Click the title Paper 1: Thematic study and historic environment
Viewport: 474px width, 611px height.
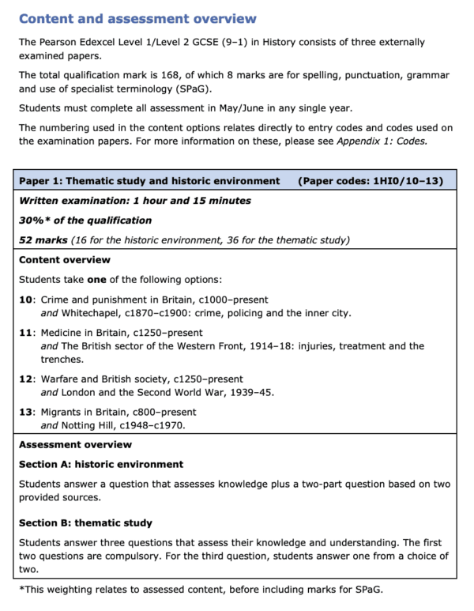coord(149,181)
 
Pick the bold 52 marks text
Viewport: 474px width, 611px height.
coord(43,240)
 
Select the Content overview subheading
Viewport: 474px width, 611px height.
coord(65,260)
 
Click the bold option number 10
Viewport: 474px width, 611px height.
coord(25,300)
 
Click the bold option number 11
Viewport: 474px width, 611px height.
coord(25,333)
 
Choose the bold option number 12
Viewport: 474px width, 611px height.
coord(25,379)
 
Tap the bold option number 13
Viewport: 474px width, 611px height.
coord(25,412)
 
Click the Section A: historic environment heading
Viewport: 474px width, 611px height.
coord(101,464)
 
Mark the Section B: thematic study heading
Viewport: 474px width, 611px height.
coord(86,523)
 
